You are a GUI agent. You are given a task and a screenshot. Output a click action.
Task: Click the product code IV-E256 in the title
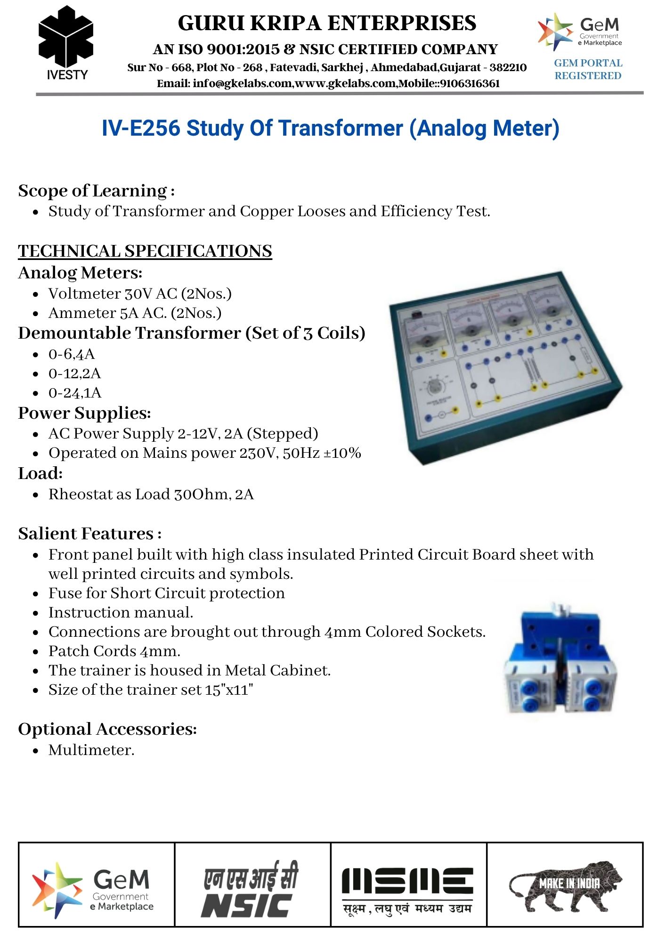click(x=141, y=129)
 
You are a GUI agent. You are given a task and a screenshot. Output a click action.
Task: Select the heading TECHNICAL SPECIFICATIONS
click(x=145, y=251)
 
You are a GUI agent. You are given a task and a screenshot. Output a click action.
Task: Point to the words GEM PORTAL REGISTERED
click(x=588, y=69)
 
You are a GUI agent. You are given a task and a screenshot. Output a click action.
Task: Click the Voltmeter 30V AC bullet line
click(x=140, y=294)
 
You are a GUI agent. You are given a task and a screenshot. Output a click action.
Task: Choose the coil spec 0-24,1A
click(x=75, y=393)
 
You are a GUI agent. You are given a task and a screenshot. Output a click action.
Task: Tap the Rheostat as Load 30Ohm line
click(x=151, y=495)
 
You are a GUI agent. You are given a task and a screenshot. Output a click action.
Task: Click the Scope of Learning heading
click(x=97, y=191)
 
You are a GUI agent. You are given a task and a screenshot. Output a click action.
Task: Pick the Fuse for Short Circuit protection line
click(x=166, y=593)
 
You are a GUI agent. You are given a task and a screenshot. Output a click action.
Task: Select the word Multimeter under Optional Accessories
click(x=91, y=750)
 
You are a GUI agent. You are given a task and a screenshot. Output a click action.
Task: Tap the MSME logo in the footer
click(x=408, y=889)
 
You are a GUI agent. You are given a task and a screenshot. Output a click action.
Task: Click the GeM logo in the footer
click(x=94, y=889)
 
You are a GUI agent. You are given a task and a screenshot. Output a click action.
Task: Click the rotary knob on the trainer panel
click(x=434, y=387)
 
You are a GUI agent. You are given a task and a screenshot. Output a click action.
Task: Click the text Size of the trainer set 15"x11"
click(x=151, y=690)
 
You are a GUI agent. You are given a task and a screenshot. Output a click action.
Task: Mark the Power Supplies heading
click(x=84, y=413)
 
